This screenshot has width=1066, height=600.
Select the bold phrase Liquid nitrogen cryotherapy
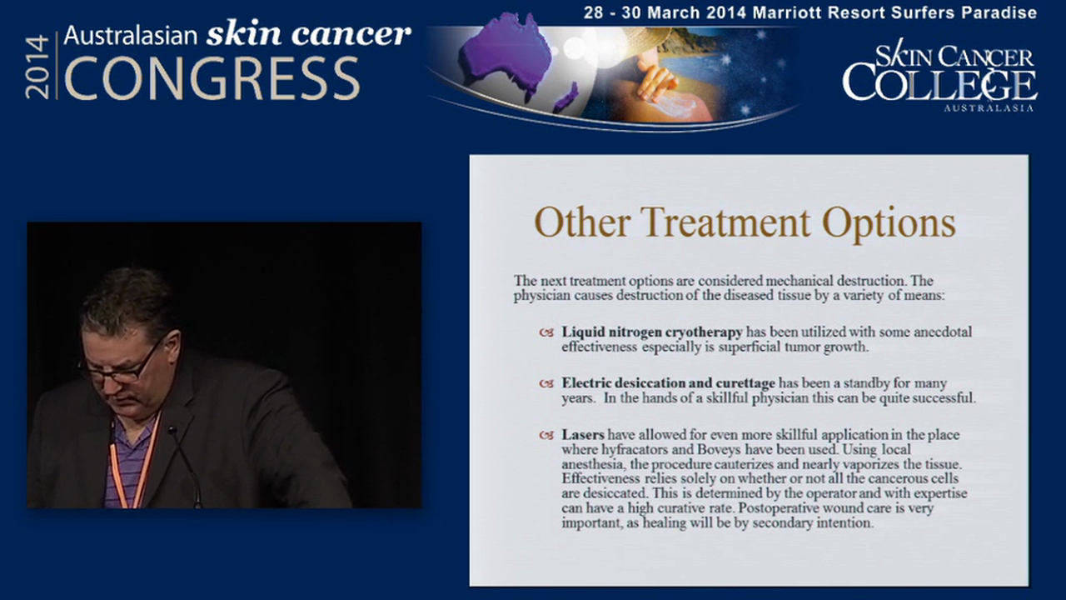click(x=651, y=332)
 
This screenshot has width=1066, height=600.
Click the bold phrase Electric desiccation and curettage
click(x=668, y=383)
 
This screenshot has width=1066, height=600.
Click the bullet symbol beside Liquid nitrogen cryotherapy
click(x=546, y=332)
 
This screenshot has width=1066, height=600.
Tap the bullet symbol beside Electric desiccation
click(x=546, y=384)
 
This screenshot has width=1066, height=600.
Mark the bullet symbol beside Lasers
click(x=546, y=435)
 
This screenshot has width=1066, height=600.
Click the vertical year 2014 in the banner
click(x=38, y=67)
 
